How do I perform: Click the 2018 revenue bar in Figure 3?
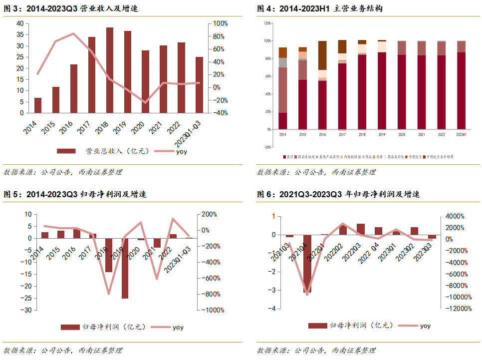point(110,70)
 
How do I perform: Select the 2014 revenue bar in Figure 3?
point(38,105)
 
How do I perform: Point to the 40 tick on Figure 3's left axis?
point(20,23)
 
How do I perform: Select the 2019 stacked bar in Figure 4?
point(382,90)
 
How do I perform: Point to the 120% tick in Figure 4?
point(267,23)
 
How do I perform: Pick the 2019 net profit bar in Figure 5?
point(125,268)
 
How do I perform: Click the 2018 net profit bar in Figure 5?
point(109,255)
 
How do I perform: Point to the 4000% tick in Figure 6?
point(455,216)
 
